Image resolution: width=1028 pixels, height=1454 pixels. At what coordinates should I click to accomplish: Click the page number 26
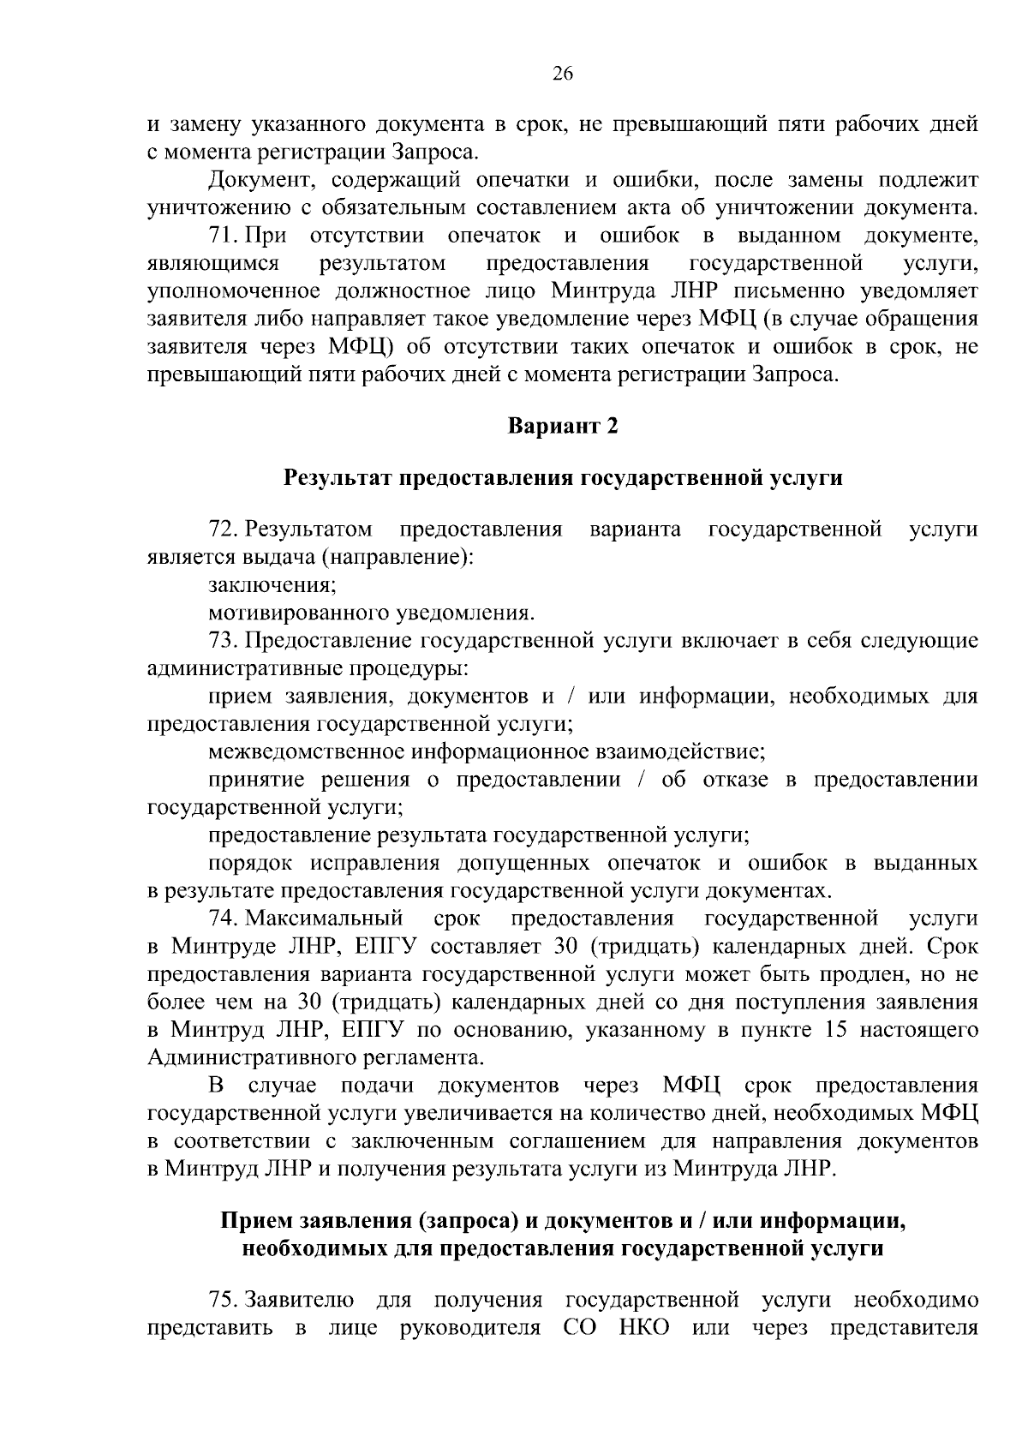pos(562,74)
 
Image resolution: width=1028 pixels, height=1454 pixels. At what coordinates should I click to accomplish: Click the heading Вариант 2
pos(562,427)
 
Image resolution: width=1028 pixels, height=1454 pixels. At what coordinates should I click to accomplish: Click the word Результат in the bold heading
pos(338,478)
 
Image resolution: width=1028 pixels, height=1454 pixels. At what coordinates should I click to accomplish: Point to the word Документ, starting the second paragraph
pos(253,180)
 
